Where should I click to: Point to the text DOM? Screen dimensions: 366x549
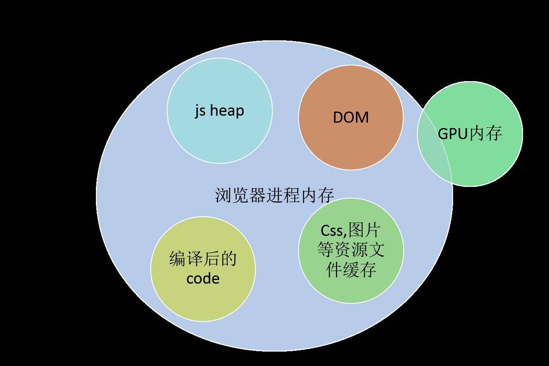click(351, 118)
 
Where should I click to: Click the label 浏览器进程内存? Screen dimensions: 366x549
click(274, 195)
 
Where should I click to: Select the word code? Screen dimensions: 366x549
click(203, 278)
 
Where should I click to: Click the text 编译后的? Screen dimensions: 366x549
click(203, 259)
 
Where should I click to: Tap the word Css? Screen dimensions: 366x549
click(332, 231)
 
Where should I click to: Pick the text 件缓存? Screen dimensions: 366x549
click(351, 270)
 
